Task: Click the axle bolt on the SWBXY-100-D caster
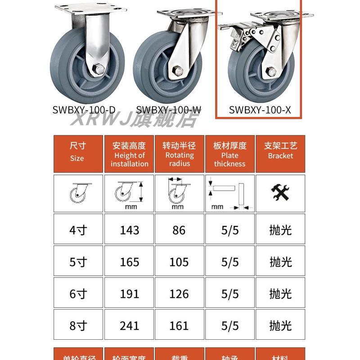click(x=99, y=70)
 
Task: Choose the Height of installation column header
click(x=130, y=154)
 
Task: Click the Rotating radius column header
click(x=179, y=154)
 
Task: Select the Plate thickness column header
click(x=230, y=154)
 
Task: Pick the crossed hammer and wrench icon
click(x=280, y=193)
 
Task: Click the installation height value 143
click(x=130, y=230)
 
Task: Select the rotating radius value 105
click(x=179, y=261)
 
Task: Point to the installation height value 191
click(x=130, y=293)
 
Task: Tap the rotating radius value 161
click(x=179, y=325)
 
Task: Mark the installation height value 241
click(x=130, y=325)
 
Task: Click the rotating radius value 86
click(x=179, y=230)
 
